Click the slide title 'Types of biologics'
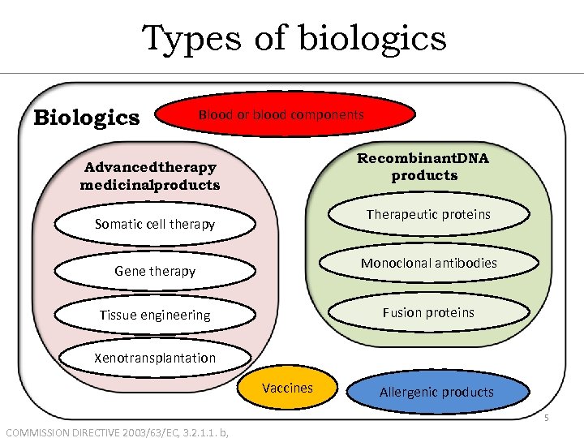point(294,38)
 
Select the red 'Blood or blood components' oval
point(281,115)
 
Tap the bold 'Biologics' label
point(86,118)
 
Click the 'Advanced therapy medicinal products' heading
point(150,176)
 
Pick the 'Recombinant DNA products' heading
point(423,166)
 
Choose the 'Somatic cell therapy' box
point(155,224)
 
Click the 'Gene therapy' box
point(155,271)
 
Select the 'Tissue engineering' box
point(155,315)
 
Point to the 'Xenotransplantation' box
point(155,358)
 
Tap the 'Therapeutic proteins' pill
point(428,214)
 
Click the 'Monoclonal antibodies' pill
point(428,263)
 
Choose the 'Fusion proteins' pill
point(428,312)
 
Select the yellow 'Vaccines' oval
point(287,389)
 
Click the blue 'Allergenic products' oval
point(436,392)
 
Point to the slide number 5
point(546,419)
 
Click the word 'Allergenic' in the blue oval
point(410,392)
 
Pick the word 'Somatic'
point(118,224)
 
